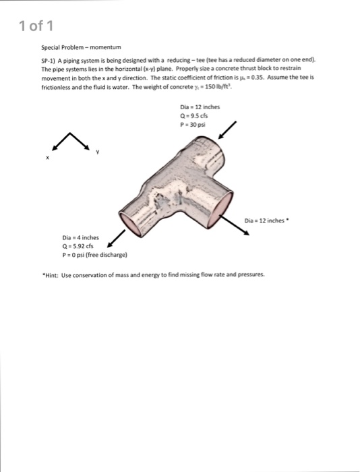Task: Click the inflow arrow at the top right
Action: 227,131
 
